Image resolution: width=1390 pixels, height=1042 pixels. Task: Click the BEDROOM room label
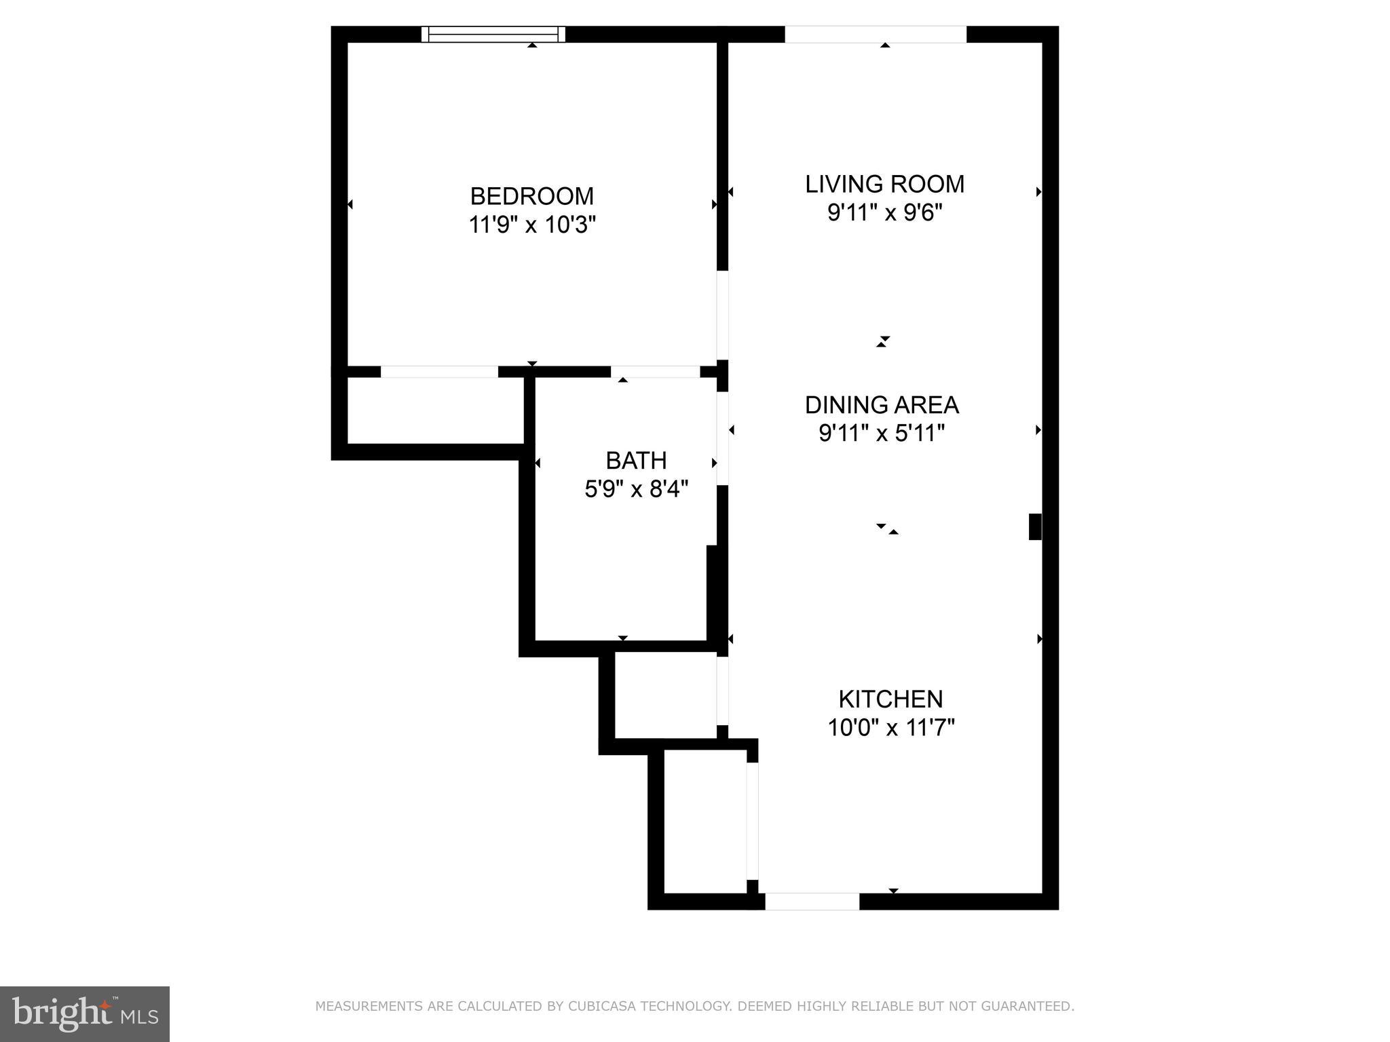click(531, 196)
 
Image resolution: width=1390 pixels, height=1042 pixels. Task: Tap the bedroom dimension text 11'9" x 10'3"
click(531, 225)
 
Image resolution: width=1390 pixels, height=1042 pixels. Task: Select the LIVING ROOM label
click(884, 184)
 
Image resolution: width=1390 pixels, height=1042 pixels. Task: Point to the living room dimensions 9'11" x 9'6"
click(884, 213)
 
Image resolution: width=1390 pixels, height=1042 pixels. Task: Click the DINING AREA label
click(882, 405)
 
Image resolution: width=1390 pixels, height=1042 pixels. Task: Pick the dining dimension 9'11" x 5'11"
click(882, 433)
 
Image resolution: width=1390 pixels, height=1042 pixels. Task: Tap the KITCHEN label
click(890, 699)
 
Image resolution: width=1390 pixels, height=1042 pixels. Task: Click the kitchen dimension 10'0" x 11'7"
click(890, 728)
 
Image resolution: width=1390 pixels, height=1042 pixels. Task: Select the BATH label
click(636, 461)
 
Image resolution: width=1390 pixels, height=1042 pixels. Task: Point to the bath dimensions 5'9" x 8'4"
click(636, 488)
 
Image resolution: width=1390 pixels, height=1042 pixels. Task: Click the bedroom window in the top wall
click(493, 35)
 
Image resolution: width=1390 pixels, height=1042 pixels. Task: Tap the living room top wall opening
click(875, 35)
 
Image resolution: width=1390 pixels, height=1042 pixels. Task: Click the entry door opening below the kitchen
click(812, 902)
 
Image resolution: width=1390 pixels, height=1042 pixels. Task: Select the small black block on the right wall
click(1035, 526)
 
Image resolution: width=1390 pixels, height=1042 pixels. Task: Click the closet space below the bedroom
click(436, 410)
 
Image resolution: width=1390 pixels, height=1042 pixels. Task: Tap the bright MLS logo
click(85, 1014)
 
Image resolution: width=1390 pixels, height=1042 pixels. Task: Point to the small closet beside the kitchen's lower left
click(705, 821)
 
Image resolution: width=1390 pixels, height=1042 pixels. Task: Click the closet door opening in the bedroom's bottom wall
click(439, 372)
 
